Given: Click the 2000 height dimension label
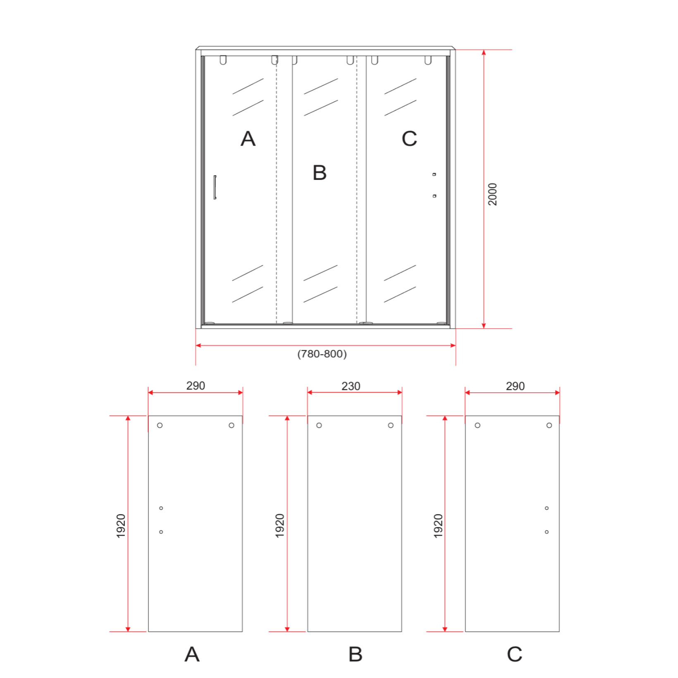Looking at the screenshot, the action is [x=492, y=194].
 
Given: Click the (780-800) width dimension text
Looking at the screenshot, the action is [x=322, y=354].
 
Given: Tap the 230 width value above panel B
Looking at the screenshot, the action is [x=351, y=386].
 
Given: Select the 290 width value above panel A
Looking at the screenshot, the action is [x=196, y=386].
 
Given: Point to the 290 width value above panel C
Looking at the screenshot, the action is [x=515, y=386].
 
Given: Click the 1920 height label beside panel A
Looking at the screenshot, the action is [x=121, y=526].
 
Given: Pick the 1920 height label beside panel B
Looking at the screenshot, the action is [x=280, y=526].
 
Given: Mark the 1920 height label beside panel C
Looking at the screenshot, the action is [x=438, y=526].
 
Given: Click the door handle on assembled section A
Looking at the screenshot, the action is [x=215, y=187].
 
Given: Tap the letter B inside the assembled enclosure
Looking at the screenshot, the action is [x=320, y=173].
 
